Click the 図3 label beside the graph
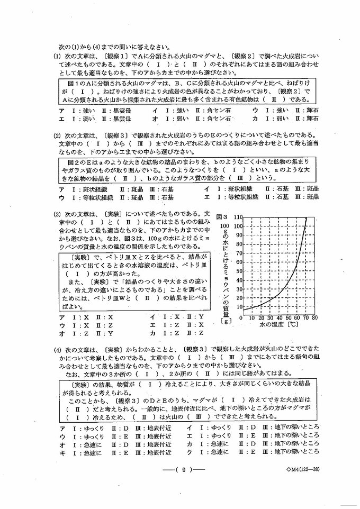click(222, 217)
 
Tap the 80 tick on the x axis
click(314, 319)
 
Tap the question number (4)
click(57, 350)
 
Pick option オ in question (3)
click(62, 333)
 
